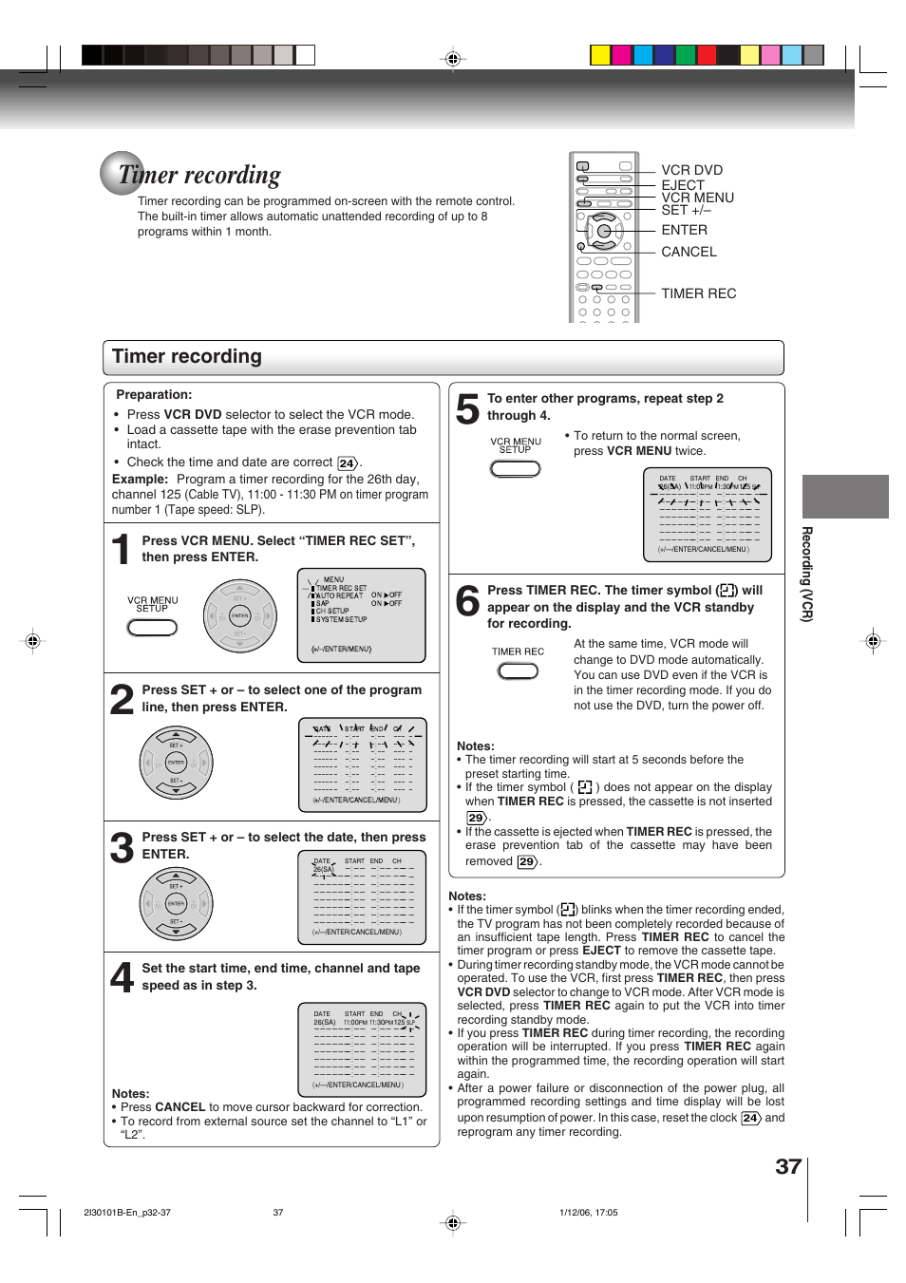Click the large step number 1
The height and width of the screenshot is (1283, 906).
121,550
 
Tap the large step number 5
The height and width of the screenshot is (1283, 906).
466,409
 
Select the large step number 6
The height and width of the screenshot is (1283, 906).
467,601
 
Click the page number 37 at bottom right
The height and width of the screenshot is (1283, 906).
787,1166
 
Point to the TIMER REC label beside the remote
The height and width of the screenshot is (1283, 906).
698,293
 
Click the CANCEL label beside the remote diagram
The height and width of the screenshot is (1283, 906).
689,252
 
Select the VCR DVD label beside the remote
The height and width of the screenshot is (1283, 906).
691,170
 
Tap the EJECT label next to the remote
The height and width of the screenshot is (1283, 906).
683,184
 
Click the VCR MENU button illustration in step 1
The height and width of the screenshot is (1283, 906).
152,628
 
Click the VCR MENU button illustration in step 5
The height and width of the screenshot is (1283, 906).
515,469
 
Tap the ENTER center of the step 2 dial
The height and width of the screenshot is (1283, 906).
176,763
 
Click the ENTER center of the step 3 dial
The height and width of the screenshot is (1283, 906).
176,904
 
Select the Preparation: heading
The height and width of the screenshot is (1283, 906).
154,395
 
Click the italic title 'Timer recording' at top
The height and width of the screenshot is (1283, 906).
199,176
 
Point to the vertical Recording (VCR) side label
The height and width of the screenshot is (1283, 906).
807,574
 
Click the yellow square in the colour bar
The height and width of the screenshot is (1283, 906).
600,55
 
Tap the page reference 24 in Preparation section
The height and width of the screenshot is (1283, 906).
347,463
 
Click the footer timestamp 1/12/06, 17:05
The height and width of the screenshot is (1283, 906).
588,1213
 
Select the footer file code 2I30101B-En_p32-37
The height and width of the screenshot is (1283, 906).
127,1213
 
